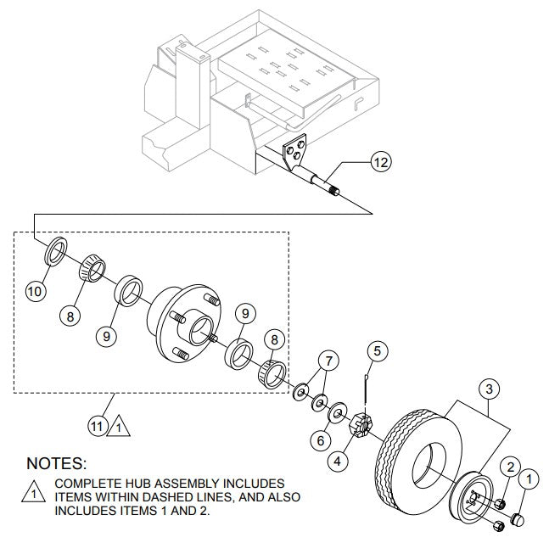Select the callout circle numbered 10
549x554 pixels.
click(35, 291)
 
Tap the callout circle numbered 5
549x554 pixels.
click(378, 350)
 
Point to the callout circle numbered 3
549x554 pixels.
click(488, 389)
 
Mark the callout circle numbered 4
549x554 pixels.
click(337, 462)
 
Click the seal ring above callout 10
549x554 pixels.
click(55, 251)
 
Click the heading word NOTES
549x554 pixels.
click(57, 463)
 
